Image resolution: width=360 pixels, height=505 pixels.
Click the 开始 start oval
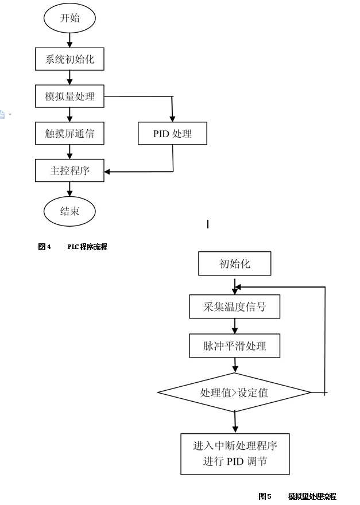(69, 18)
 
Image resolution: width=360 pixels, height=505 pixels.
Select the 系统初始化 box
(69, 59)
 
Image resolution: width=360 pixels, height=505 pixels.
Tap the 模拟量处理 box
(69, 96)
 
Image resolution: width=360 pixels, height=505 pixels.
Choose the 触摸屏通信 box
(69, 134)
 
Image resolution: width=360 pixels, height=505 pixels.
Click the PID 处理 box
(172, 134)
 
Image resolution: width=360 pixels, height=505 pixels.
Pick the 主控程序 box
(69, 170)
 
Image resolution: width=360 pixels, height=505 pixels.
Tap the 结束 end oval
(69, 211)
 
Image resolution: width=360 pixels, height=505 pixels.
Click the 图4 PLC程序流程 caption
(72, 247)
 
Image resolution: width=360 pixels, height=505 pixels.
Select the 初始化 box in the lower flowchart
(234, 264)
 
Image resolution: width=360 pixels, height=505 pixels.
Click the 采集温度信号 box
(234, 306)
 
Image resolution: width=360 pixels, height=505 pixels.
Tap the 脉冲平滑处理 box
(234, 346)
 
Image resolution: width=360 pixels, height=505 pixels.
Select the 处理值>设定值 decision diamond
(234, 393)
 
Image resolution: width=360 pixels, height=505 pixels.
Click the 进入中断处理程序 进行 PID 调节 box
(234, 454)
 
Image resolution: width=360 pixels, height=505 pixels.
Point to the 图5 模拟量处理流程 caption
(297, 496)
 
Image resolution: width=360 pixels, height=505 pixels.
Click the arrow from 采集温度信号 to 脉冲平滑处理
(234, 327)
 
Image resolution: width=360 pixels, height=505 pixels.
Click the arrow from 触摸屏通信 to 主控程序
(69, 152)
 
